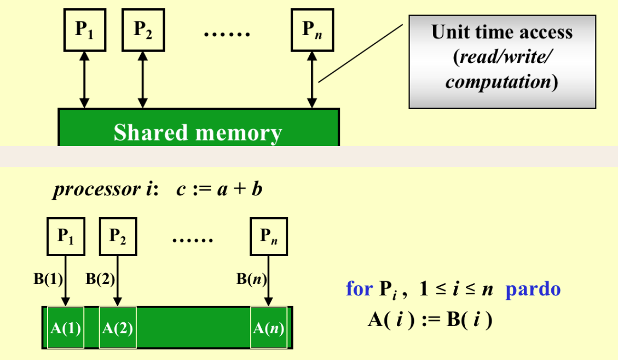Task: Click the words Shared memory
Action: (x=198, y=133)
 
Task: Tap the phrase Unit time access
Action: (x=502, y=32)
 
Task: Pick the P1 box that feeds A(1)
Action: (x=66, y=236)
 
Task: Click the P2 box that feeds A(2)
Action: (x=118, y=236)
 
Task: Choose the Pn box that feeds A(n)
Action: (x=268, y=236)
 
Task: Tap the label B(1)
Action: (x=48, y=279)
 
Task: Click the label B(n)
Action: (x=251, y=279)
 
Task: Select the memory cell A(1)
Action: (x=66, y=328)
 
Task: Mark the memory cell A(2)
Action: (x=118, y=328)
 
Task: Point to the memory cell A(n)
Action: (x=268, y=328)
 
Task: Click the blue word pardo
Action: (x=533, y=288)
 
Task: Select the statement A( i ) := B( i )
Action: (x=430, y=319)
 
